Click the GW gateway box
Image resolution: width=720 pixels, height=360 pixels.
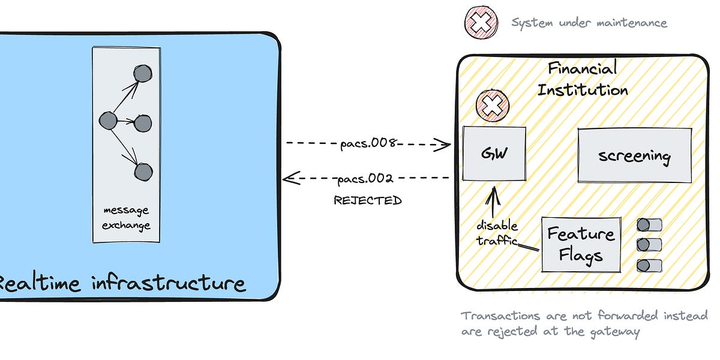494,154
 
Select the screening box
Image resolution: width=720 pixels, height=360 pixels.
634,155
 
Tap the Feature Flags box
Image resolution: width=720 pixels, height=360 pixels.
580,245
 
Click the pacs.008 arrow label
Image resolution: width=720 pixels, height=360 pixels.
367,143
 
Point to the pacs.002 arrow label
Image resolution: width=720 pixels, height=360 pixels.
365,178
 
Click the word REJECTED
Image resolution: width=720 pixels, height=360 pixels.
367,200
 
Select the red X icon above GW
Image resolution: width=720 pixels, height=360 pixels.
492,106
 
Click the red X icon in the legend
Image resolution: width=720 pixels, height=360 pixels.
481,23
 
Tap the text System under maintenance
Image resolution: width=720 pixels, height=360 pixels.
589,23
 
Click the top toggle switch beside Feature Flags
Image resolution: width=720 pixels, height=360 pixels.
649,225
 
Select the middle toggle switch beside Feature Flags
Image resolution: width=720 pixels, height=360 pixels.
649,245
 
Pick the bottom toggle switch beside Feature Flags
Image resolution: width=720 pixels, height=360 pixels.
649,265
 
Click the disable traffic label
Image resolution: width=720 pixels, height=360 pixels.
497,233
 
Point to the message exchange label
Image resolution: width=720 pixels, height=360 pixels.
126,218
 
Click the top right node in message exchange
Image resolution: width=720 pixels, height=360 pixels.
142,73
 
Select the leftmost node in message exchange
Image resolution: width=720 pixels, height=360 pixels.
107,121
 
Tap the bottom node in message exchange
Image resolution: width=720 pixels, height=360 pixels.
143,172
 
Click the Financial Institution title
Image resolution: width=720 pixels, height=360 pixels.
582,79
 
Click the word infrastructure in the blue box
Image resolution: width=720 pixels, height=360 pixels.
169,282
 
